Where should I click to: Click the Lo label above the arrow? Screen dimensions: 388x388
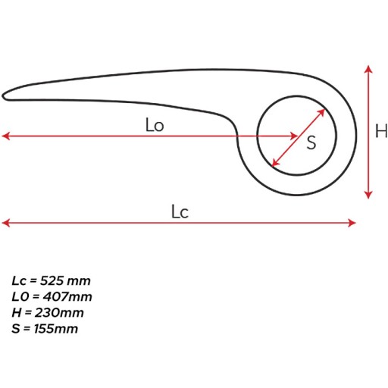pos(155,125)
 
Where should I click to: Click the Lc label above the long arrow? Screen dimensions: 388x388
pos(180,211)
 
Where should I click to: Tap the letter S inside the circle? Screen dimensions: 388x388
pos(311,142)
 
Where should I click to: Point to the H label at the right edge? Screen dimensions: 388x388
pos(381,131)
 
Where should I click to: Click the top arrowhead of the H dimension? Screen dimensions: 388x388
pos(368,69)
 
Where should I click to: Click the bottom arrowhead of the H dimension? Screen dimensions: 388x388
pos(368,195)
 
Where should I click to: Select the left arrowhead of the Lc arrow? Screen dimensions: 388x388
pos(5,223)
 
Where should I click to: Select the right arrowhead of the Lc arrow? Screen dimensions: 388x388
pos(352,223)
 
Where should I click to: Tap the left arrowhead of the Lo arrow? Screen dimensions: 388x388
pos(5,136)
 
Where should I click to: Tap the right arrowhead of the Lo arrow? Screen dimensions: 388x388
pos(295,136)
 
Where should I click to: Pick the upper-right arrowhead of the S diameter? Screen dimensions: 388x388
pos(321,112)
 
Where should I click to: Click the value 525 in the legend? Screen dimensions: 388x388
pos(52,280)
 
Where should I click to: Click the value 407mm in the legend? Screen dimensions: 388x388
pos(67,296)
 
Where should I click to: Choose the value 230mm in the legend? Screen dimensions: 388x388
pos(59,313)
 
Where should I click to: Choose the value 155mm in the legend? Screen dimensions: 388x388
pos(56,329)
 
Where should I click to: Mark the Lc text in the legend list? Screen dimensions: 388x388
pos(19,280)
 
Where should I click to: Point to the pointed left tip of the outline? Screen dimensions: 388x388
pos(3,96)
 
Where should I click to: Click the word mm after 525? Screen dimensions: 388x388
pos(79,282)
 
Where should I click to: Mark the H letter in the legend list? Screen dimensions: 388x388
pos(17,313)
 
